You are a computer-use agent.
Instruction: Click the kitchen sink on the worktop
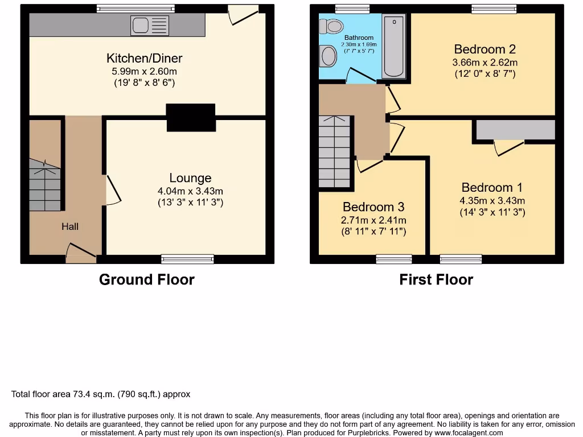[150, 26]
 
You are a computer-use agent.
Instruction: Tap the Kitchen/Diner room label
[145, 58]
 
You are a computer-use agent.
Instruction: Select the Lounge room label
[190, 178]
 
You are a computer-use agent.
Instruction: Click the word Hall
[70, 226]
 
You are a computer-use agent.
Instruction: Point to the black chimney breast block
[191, 118]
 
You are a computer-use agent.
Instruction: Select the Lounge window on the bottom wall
[187, 259]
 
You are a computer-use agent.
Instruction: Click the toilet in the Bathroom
[331, 26]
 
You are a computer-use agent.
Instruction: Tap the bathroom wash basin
[329, 56]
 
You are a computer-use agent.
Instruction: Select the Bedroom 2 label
[485, 50]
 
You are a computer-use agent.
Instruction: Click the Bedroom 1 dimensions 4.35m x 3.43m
[492, 200]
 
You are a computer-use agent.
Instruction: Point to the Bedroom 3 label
[373, 207]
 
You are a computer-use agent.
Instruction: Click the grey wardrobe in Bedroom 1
[515, 130]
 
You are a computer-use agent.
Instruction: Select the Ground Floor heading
[146, 279]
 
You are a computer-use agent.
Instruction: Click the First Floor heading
[436, 279]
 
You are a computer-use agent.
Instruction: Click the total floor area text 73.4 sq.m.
[101, 394]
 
